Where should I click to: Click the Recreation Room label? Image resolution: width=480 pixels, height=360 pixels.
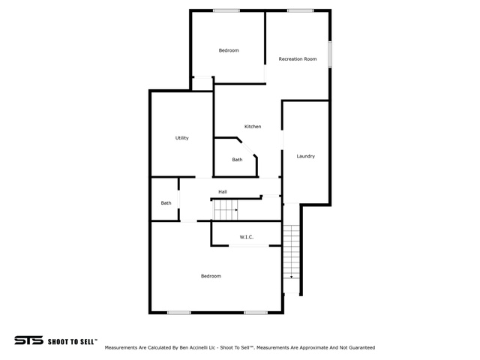click(x=298, y=58)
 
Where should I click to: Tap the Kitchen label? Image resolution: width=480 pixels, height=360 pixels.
click(x=253, y=127)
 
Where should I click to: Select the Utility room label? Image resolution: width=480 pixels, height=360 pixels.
click(x=181, y=138)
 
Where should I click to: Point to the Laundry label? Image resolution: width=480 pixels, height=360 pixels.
click(x=305, y=156)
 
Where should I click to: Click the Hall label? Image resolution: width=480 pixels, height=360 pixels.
click(x=223, y=192)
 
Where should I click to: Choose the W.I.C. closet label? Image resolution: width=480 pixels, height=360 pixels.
click(x=247, y=237)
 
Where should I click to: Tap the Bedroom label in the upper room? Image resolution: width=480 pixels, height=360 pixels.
click(x=229, y=50)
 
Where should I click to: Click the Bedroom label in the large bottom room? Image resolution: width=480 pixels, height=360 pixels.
click(x=211, y=276)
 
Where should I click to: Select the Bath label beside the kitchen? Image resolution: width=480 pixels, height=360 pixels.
click(x=237, y=160)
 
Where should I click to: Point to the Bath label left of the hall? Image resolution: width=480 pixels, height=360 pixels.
click(x=166, y=203)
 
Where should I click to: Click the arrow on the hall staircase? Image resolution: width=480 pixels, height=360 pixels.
click(x=236, y=210)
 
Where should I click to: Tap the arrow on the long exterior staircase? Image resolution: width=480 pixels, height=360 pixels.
click(x=292, y=277)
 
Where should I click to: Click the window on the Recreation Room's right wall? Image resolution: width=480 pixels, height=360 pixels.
click(x=330, y=55)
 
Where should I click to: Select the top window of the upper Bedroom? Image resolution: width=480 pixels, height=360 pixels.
click(x=226, y=10)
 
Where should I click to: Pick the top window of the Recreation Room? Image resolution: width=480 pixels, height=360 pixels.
click(x=300, y=10)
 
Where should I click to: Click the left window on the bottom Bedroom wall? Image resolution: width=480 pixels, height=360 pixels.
click(x=179, y=313)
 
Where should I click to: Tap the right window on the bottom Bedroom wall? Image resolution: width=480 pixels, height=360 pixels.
click(x=256, y=313)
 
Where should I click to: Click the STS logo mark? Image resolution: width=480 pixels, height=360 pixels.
click(x=28, y=340)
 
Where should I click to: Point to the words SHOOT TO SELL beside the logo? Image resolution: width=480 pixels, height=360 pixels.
click(x=72, y=342)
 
